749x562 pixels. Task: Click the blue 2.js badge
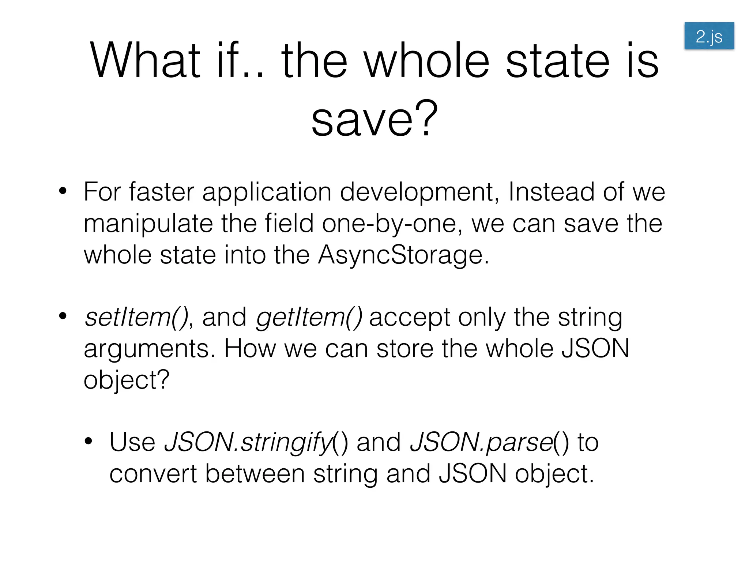click(709, 36)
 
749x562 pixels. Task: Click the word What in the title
click(145, 60)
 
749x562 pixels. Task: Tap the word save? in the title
click(374, 119)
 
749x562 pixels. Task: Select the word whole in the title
click(427, 60)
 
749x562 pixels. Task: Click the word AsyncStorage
click(403, 255)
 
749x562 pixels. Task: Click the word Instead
click(551, 192)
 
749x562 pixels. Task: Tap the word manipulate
click(148, 224)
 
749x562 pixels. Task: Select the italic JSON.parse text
click(482, 442)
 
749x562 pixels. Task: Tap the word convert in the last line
click(153, 474)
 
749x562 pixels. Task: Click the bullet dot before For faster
click(63, 191)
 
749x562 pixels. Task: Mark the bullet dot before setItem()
click(63, 316)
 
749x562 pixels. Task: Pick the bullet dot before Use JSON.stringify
click(89, 441)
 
